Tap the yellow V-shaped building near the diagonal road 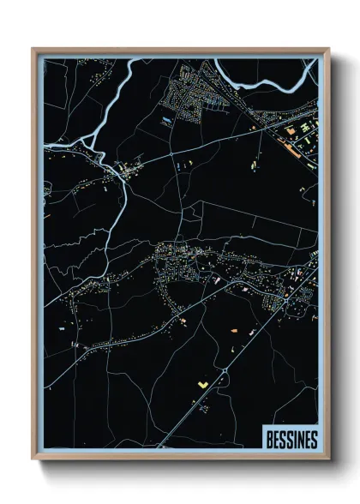[x=202, y=385]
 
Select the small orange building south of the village [x=232, y=329]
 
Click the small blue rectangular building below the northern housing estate [x=165, y=121]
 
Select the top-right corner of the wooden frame [x=327, y=50]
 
